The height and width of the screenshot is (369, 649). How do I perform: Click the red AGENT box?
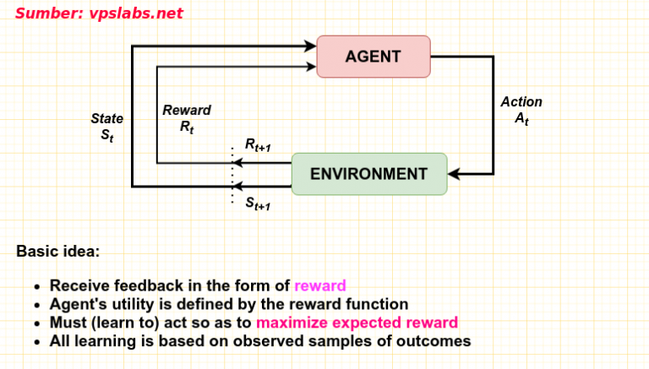[x=373, y=57]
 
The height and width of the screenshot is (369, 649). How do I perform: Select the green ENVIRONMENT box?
[x=368, y=174]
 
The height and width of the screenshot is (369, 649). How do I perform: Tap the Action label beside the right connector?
[x=521, y=102]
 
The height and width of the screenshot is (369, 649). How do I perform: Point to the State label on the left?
[x=107, y=119]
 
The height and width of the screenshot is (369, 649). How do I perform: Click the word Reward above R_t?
[x=187, y=111]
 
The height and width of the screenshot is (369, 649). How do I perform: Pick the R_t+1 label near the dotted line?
[x=258, y=145]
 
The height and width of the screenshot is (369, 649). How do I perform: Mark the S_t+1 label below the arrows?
[x=258, y=203]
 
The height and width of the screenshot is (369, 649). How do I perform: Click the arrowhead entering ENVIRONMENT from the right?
[x=453, y=174]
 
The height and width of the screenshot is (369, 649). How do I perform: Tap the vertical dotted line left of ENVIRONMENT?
[x=232, y=175]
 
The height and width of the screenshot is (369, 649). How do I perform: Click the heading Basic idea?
[x=57, y=251]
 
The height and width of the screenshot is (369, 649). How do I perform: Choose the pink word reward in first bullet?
[x=320, y=285]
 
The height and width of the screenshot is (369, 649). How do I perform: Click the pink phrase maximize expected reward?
[x=357, y=323]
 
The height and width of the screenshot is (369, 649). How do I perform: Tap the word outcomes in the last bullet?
[x=432, y=341]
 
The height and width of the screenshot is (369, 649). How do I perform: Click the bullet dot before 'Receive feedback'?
[x=37, y=286]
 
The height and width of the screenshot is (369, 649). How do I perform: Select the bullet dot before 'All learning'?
[x=37, y=342]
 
